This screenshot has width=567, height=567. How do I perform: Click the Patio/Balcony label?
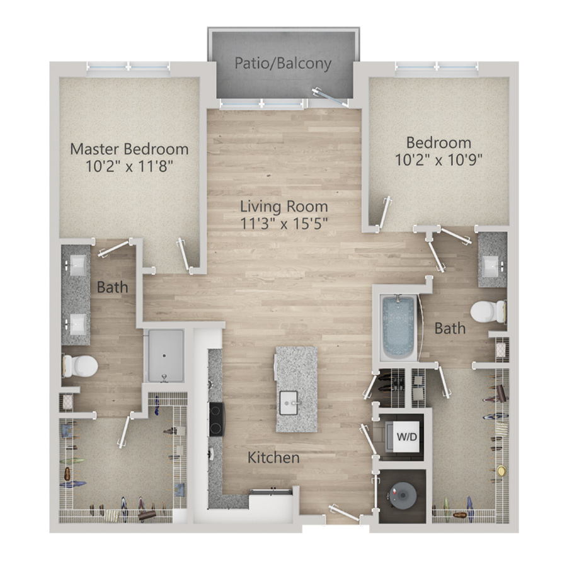tap(283, 63)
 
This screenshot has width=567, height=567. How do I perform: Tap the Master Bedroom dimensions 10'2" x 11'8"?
tap(129, 166)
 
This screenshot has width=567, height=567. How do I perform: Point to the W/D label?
tap(407, 437)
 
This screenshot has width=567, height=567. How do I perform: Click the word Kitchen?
tap(273, 458)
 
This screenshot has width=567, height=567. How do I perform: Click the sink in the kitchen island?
tap(289, 403)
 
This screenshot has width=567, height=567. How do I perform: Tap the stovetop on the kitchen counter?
tap(217, 419)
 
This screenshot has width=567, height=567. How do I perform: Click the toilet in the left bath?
tap(80, 366)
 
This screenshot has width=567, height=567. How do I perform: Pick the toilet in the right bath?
tap(488, 312)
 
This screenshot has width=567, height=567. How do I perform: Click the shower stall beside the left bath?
tap(164, 355)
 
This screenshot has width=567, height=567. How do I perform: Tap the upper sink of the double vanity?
tap(77, 265)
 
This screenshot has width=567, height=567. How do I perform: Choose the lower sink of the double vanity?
tap(77, 324)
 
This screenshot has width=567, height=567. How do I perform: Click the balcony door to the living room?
tap(330, 96)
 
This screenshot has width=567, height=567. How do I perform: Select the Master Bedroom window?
tap(129, 67)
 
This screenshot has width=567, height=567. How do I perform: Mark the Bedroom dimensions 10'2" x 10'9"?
tap(438, 159)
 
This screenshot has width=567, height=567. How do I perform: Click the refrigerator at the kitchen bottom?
tap(271, 505)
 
